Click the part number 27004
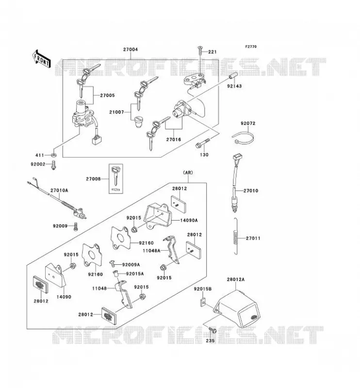tap(131, 49)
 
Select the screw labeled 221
tap(200, 51)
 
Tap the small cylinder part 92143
tap(233, 75)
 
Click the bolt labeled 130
tap(202, 143)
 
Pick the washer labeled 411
tap(54, 155)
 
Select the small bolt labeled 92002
tap(53, 165)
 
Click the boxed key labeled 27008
tap(115, 178)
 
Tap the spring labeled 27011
tap(236, 236)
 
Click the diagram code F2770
tap(251, 47)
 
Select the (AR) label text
tap(188, 173)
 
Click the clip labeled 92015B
tap(202, 302)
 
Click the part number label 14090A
tap(189, 220)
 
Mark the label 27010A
tap(59, 190)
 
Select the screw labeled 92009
tap(76, 226)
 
